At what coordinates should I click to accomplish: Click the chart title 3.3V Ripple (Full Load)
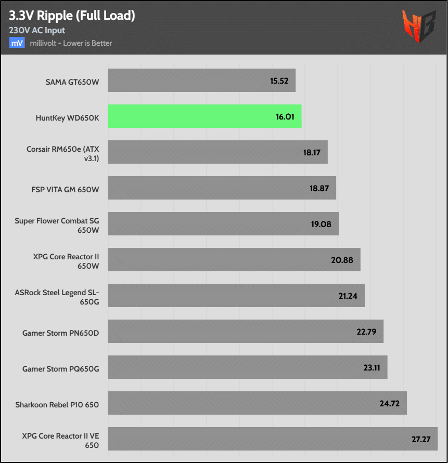click(x=72, y=16)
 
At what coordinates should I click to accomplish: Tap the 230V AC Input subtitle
click(x=37, y=31)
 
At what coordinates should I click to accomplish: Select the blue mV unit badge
click(x=17, y=43)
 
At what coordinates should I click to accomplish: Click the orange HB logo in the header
click(x=418, y=26)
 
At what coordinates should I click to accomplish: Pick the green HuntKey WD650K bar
click(x=204, y=116)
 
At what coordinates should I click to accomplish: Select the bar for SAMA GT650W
click(x=202, y=81)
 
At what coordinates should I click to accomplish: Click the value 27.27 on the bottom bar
click(x=421, y=439)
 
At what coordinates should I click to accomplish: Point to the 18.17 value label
click(x=311, y=152)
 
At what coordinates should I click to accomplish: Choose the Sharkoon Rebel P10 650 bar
click(x=257, y=403)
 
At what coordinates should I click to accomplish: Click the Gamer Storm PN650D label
click(x=60, y=332)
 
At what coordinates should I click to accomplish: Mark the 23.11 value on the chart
click(x=372, y=367)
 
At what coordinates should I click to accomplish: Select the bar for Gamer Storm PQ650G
click(x=248, y=367)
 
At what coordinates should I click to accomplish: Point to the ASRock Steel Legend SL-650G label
click(x=57, y=296)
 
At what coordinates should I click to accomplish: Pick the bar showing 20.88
click(x=234, y=260)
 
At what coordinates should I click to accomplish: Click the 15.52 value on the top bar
click(x=279, y=81)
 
